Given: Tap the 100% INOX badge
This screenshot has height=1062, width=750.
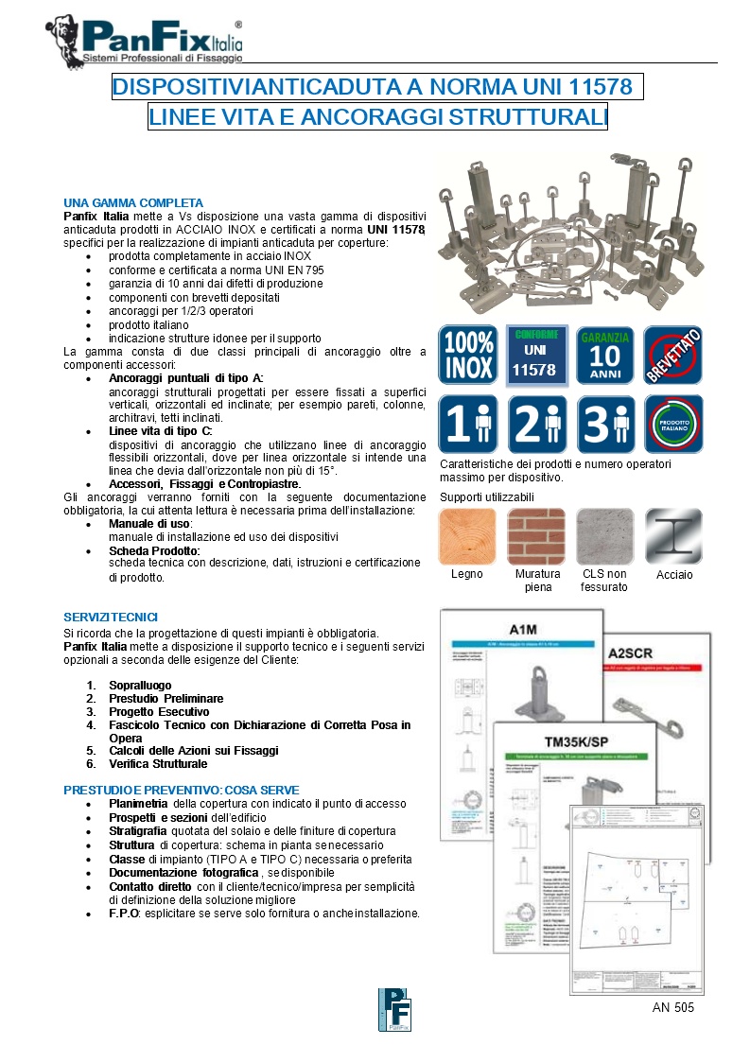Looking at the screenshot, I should pos(467,355).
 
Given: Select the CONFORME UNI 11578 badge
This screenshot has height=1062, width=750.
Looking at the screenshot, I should pos(535,355).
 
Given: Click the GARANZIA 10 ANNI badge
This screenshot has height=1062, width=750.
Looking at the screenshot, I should pos(604,355).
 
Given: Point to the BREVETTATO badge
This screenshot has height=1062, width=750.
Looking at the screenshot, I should pos(672,355).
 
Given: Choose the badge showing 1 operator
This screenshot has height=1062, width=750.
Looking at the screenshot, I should pos(467,425).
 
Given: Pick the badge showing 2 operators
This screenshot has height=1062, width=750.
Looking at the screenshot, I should pos(535,425).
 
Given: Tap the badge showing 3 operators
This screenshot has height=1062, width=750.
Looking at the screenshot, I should pos(604,425).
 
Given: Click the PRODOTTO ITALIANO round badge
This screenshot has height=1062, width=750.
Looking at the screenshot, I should pos(672,425).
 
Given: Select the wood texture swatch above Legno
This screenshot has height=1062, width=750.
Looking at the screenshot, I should pos(467,536).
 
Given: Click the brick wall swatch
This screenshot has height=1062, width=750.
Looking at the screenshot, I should pos(535,536).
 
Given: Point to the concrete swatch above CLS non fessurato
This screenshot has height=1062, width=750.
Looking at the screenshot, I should pos(604,536).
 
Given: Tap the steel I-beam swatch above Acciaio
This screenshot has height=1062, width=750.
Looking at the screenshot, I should pos(673,536).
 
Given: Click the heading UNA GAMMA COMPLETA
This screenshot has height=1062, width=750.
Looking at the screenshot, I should pos(133,203).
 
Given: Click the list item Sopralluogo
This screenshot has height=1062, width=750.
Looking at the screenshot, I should pos(140,686).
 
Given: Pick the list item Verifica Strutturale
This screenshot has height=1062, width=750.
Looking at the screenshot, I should pos(158,763).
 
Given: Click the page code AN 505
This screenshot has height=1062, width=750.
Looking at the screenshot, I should pos(673,1008).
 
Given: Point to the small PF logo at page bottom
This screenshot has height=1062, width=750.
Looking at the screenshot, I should pos(394,1011).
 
